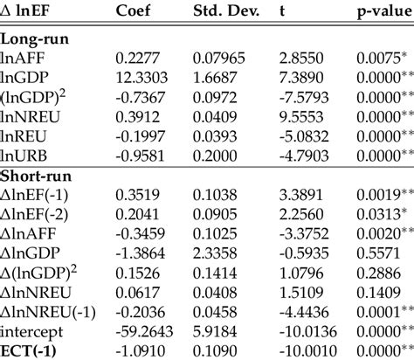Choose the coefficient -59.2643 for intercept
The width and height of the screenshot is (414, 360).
pyautogui.click(x=141, y=329)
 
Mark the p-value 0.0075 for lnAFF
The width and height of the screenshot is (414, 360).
pyautogui.click(x=379, y=59)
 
